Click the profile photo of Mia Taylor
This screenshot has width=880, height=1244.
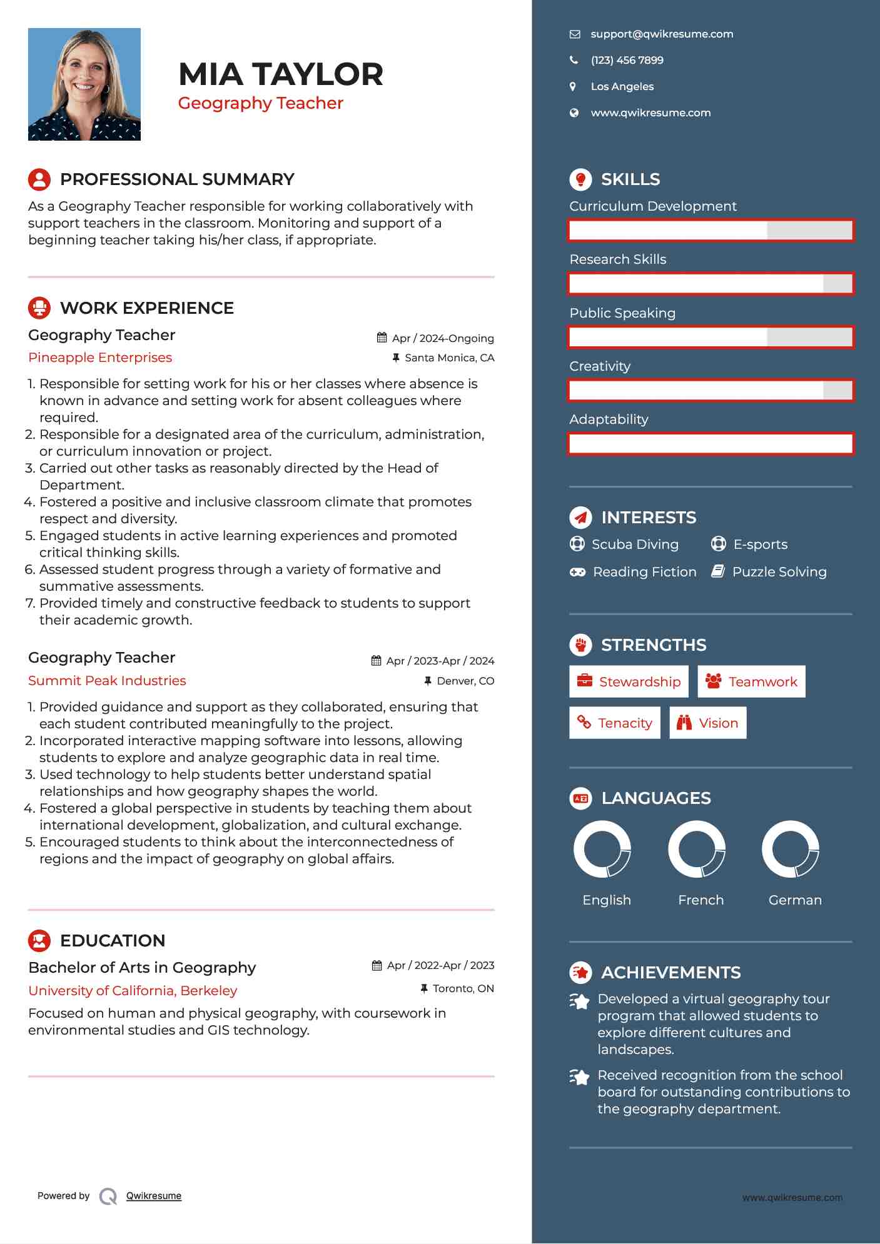(x=84, y=84)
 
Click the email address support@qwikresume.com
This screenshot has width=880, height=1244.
(x=662, y=34)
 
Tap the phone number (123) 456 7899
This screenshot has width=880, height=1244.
(x=627, y=61)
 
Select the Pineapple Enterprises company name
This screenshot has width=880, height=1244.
(x=100, y=358)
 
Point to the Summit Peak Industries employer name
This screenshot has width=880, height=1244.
(x=107, y=681)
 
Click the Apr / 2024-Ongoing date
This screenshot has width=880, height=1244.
(x=443, y=338)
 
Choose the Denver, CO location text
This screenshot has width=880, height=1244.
(x=465, y=681)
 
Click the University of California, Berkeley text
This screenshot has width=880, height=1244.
(x=133, y=991)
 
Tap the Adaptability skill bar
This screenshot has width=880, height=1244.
(x=711, y=444)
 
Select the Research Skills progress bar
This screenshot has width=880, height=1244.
(x=711, y=284)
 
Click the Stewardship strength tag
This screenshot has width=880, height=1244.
(x=629, y=681)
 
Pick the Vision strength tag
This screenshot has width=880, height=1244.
(x=708, y=723)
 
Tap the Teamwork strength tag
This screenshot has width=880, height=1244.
(x=751, y=681)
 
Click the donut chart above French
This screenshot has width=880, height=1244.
(x=697, y=849)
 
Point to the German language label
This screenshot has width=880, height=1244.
(x=795, y=900)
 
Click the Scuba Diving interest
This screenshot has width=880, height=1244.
(x=635, y=544)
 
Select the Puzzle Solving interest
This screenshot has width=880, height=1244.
(x=779, y=572)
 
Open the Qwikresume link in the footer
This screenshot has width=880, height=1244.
(x=154, y=1196)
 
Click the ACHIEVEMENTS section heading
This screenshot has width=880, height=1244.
(x=670, y=973)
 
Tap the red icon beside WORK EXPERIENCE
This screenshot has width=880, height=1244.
(x=39, y=308)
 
